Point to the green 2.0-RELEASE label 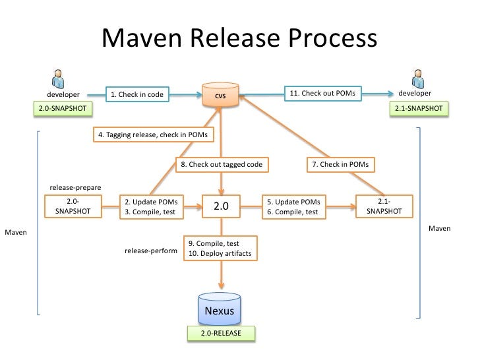[x=221, y=334]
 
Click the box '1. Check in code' [x=136, y=95]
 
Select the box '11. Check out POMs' [x=323, y=94]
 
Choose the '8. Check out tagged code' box [x=222, y=164]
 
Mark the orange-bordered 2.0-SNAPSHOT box [x=73, y=206]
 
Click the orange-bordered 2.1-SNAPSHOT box [x=384, y=206]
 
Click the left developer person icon [x=58, y=77]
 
